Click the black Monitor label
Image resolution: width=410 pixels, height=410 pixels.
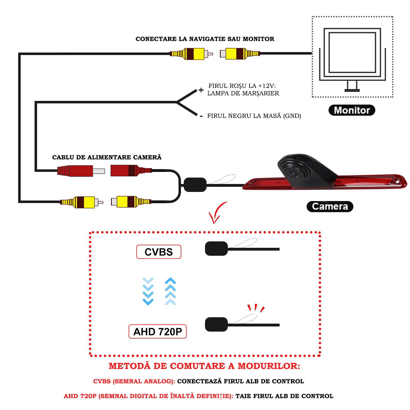(352, 110)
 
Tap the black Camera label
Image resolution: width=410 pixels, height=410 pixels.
(330, 207)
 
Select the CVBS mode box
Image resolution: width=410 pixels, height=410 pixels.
(159, 252)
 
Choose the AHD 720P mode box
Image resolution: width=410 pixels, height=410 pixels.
(157, 332)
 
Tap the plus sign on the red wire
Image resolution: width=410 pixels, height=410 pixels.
(201, 90)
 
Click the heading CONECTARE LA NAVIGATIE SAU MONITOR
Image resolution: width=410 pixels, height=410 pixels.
(205, 39)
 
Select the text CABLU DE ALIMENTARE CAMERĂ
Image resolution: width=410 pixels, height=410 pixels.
(107, 157)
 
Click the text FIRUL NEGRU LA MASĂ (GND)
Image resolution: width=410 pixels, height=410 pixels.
(254, 116)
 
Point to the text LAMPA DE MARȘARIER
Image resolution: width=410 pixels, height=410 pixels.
(243, 93)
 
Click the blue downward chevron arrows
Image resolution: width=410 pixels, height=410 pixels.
(148, 291)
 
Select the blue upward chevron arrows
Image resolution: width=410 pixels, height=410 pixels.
(170, 291)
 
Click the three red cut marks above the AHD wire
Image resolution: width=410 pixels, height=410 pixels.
(256, 308)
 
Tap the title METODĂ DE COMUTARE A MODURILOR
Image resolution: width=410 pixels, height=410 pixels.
(204, 366)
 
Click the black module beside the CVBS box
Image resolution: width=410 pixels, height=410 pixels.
(216, 249)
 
